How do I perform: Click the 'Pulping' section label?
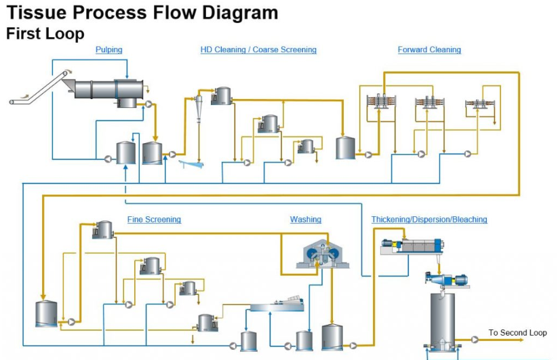pyautogui.click(x=109, y=49)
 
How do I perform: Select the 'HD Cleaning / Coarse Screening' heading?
pyautogui.click(x=258, y=49)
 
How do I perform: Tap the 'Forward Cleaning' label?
pyautogui.click(x=429, y=49)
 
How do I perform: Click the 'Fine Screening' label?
pyautogui.click(x=154, y=220)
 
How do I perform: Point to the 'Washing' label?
pyautogui.click(x=305, y=220)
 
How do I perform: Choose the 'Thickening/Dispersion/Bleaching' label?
pyautogui.click(x=429, y=220)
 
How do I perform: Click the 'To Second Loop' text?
pyautogui.click(x=517, y=333)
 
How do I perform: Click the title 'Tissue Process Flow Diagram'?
pyautogui.click(x=142, y=12)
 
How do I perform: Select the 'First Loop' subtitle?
pyautogui.click(x=45, y=33)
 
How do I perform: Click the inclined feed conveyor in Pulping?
pyautogui.click(x=40, y=88)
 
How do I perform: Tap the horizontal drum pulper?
pyautogui.click(x=108, y=88)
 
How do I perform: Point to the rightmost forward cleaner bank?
pyautogui.click(x=478, y=104)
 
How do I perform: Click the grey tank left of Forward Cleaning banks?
pyautogui.click(x=346, y=147)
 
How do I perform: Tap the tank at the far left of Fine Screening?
pyautogui.click(x=46, y=313)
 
